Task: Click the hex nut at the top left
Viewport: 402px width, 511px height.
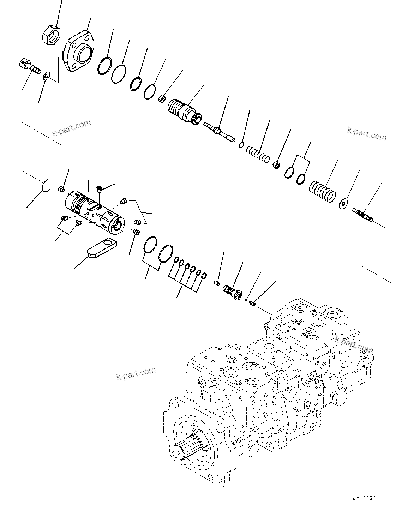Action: [x=51, y=35]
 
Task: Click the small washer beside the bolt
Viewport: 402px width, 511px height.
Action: [x=46, y=76]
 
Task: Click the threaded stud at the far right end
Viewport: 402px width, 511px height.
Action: [x=363, y=215]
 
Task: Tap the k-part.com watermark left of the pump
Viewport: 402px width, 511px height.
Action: [x=136, y=373]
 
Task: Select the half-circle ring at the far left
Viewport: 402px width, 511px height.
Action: [x=46, y=186]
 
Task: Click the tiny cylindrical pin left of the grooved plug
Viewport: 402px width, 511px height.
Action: [x=217, y=282]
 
